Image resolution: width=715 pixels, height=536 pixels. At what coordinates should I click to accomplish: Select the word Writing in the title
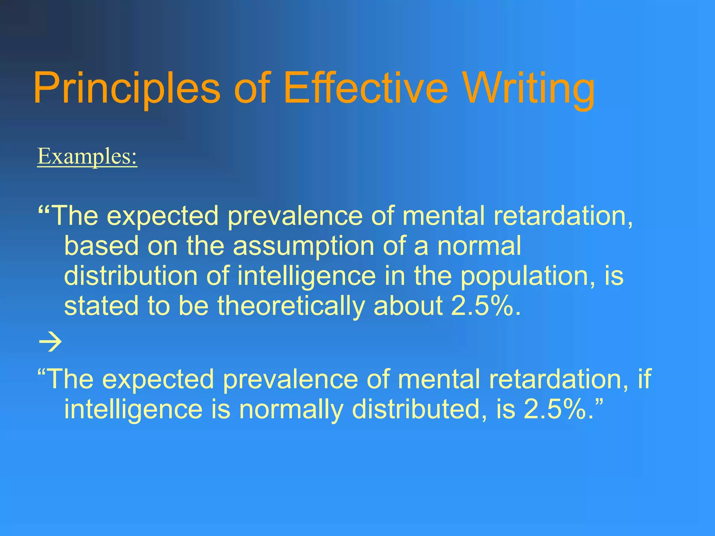coord(530,88)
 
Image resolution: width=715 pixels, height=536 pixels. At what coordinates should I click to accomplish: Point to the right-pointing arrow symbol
coord(50,342)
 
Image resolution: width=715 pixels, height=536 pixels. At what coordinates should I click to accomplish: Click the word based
coord(102,245)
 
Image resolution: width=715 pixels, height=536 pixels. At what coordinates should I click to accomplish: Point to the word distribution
coord(131,276)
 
